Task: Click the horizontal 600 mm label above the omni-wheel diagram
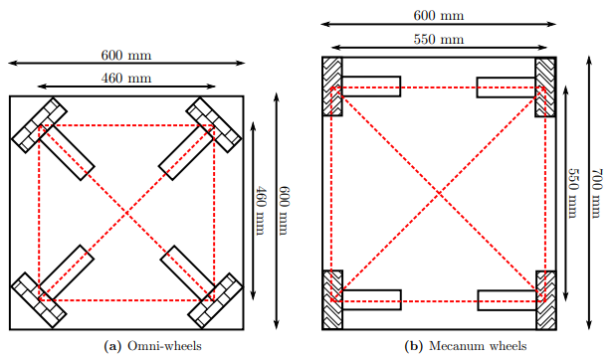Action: click(125, 55)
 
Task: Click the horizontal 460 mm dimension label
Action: click(125, 78)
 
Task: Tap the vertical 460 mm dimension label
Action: click(261, 209)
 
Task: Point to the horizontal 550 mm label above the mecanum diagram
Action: click(439, 39)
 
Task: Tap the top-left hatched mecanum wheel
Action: click(332, 87)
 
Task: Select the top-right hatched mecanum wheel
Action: click(546, 87)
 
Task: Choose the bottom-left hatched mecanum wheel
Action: click(332, 299)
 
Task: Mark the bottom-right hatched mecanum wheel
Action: click(546, 299)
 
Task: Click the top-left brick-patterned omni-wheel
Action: click(39, 124)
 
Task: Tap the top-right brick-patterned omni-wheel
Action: click(215, 124)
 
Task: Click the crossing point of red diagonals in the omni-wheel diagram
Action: click(126, 212)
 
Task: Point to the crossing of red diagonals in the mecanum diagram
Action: click(439, 193)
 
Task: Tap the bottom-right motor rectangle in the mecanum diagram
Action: click(507, 299)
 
